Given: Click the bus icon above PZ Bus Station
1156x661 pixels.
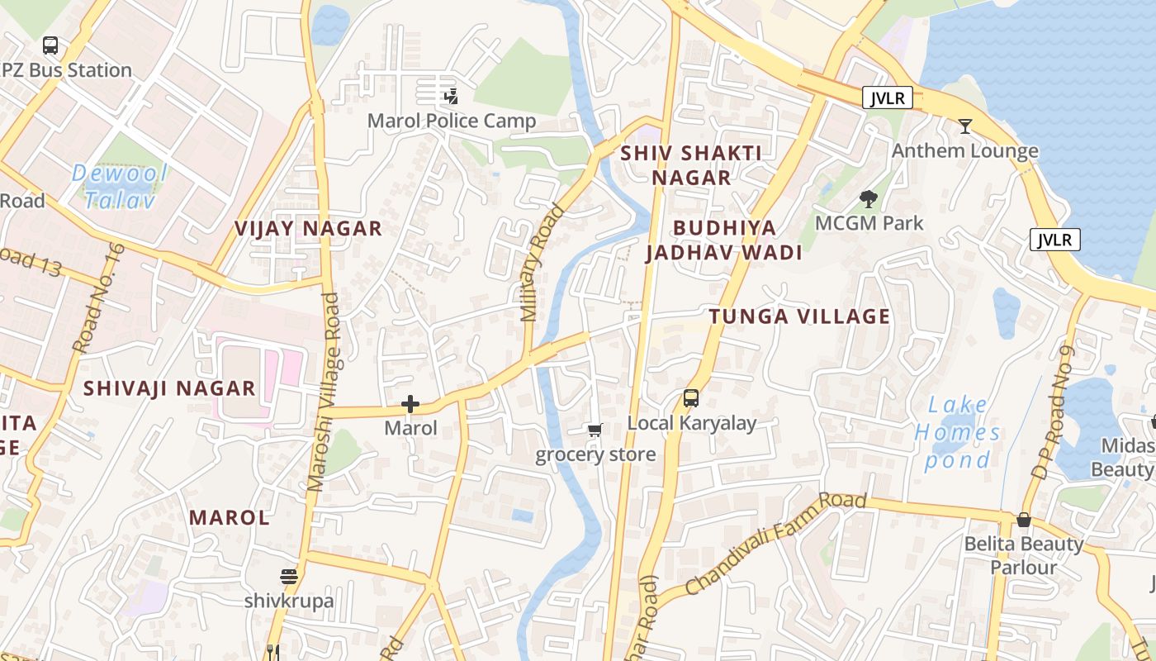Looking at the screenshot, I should (x=50, y=45).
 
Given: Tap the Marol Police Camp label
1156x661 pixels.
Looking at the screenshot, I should (x=452, y=121).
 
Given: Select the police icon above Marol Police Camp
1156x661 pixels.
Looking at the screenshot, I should (x=451, y=96).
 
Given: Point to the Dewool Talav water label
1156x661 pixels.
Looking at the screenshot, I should (x=120, y=186).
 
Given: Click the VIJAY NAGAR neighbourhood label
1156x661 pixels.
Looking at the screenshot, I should (x=308, y=229).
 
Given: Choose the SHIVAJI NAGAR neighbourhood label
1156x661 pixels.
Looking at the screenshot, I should (x=169, y=388).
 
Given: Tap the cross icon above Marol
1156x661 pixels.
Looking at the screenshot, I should (x=410, y=404).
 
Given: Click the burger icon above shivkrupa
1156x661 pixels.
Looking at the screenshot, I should (x=288, y=576).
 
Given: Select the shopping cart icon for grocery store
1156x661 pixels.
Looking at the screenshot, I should (x=595, y=430).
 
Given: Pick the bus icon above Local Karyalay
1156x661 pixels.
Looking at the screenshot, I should (x=691, y=399).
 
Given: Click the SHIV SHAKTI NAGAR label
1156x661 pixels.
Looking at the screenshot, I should (x=691, y=165).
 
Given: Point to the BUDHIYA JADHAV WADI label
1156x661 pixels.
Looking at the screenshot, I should (x=724, y=240).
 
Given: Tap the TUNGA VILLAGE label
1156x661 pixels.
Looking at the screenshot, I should (x=799, y=316).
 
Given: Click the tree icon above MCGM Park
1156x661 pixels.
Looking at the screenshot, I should (x=868, y=198).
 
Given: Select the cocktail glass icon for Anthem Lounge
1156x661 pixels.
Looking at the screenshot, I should (x=964, y=126).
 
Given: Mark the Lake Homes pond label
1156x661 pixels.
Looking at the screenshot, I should (x=958, y=432).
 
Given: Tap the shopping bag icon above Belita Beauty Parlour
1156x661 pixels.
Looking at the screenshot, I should (x=1024, y=520).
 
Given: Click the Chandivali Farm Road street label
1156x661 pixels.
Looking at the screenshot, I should (x=775, y=543).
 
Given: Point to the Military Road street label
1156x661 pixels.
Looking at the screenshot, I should (x=542, y=263).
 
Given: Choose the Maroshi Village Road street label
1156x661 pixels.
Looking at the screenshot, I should (x=324, y=392).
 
